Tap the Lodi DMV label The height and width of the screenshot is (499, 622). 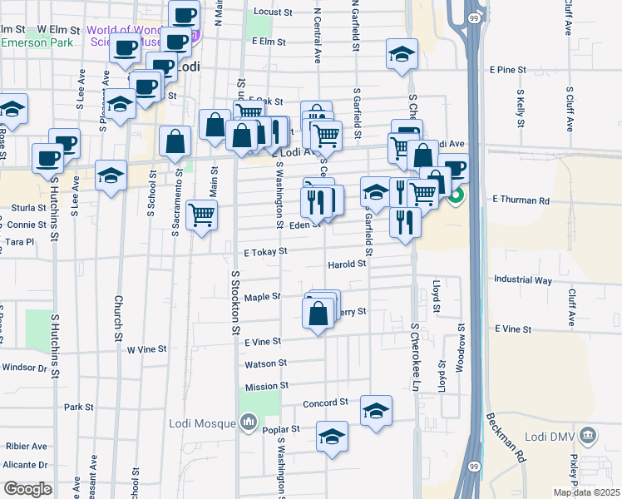(x=554, y=433)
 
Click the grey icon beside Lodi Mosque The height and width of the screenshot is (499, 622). (x=248, y=424)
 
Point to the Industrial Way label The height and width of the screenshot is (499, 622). (x=522, y=280)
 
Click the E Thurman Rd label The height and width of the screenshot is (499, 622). (x=521, y=200)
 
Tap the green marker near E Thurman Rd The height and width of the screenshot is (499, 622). (x=457, y=198)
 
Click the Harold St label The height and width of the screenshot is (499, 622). (x=347, y=264)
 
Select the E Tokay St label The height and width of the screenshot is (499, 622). (x=265, y=250)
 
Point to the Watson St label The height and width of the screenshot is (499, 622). (x=265, y=363)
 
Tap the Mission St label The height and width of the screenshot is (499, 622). (x=266, y=386)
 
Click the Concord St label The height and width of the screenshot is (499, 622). (x=324, y=403)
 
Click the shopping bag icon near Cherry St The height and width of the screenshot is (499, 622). (x=318, y=314)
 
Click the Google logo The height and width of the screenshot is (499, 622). (x=28, y=489)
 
